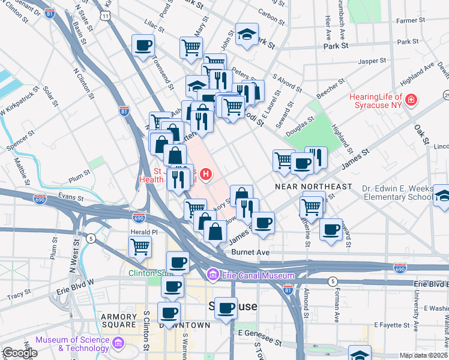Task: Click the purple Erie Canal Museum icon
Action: coord(212,275)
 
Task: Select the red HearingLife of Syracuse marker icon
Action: coord(411,99)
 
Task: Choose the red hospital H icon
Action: coord(206,175)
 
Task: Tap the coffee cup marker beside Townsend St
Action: coord(143,46)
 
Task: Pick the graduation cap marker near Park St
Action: coord(246,35)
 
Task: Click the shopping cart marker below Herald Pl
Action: coord(139,246)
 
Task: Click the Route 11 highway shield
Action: coord(105,16)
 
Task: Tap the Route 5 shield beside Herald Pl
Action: coord(91,238)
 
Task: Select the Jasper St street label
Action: coord(372,61)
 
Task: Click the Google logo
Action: coord(20,353)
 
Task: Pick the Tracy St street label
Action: coord(19,296)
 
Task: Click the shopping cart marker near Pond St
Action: coord(190,47)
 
